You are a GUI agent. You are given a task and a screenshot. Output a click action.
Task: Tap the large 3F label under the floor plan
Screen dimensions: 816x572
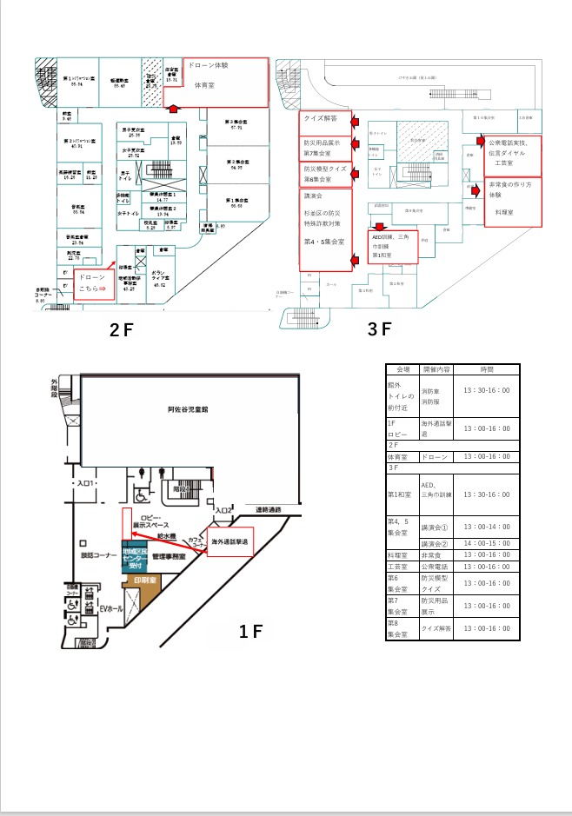point(380,329)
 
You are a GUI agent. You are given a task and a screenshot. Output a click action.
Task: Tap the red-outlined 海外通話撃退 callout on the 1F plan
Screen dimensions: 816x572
point(229,541)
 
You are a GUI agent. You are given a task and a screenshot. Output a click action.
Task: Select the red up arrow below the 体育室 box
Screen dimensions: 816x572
point(174,109)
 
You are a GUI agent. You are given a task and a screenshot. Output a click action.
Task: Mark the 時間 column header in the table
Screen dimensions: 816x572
point(487,368)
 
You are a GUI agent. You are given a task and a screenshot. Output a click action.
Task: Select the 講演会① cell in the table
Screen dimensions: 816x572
point(437,527)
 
